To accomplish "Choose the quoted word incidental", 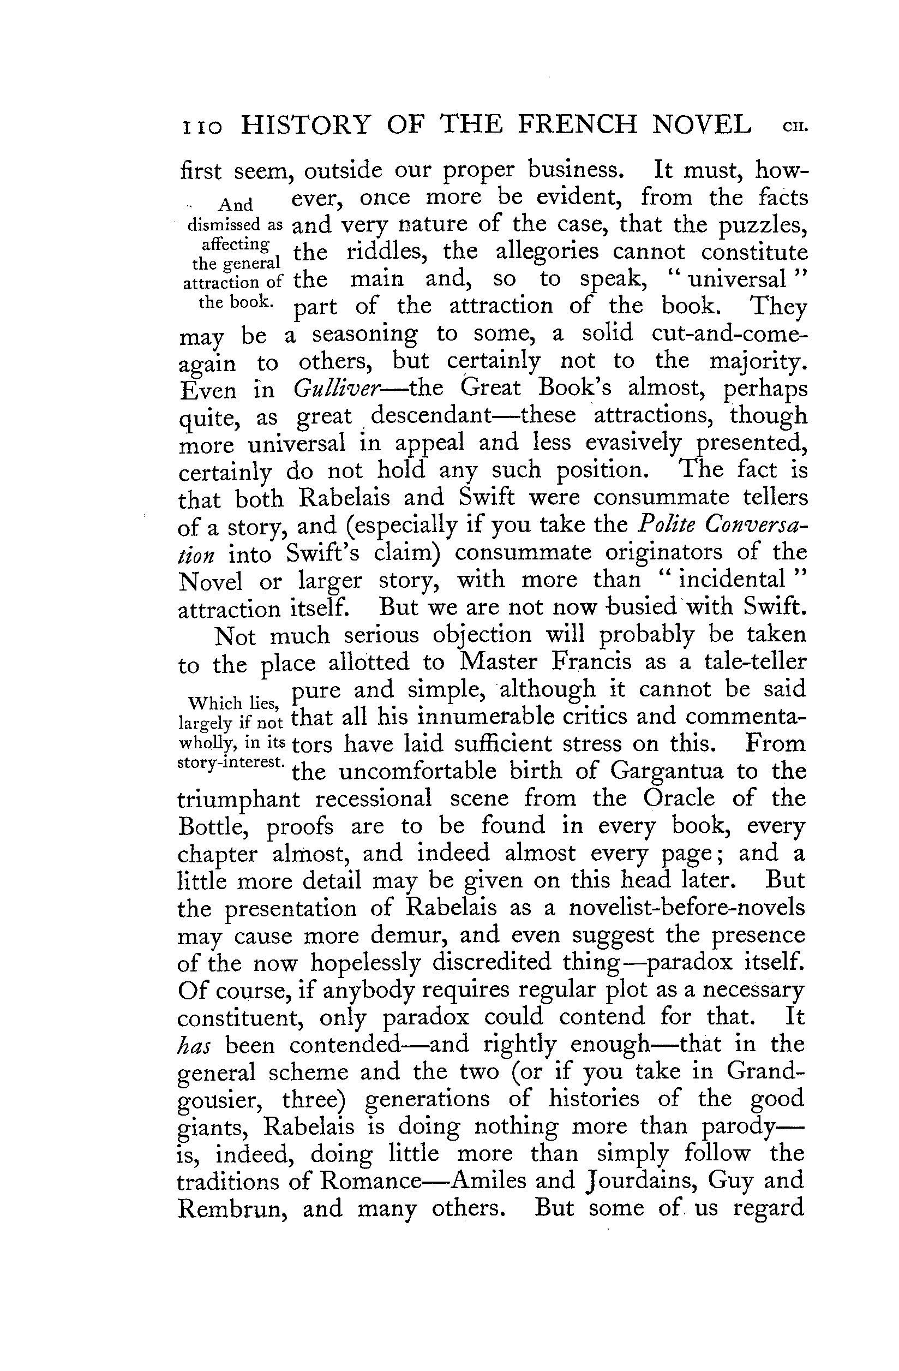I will coord(732,580).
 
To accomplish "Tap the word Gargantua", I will coord(666,771).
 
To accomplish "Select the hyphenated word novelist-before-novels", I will coord(686,908).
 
